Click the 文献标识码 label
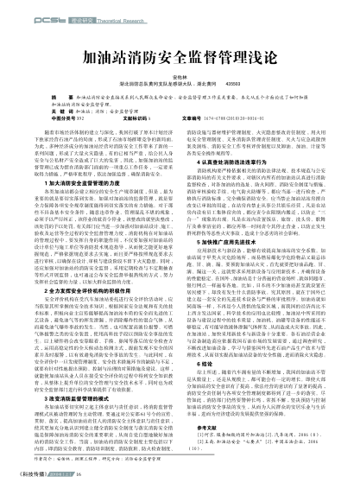pyautogui.click(x=137, y=117)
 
